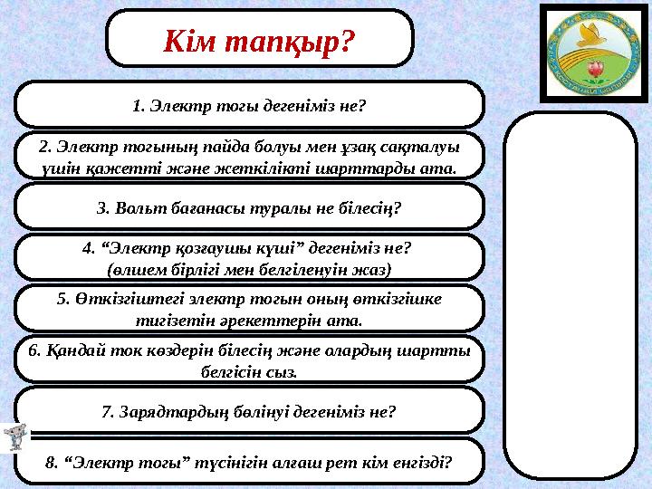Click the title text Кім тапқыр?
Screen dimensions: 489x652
259,40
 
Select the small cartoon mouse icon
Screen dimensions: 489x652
13,438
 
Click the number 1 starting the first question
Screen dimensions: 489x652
137,106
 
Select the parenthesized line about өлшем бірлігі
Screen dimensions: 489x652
249,269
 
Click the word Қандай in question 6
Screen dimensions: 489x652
69,351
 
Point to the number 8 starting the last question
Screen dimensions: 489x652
49,464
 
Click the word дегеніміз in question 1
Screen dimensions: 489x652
300,106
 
